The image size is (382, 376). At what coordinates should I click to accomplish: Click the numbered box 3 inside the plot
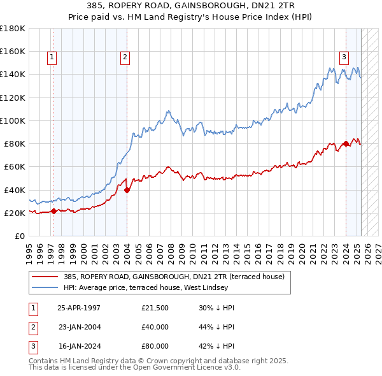344,57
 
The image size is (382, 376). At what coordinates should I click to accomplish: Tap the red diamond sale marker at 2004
127,189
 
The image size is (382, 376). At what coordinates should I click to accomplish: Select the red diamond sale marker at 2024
346,143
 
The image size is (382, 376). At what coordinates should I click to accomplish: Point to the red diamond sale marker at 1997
53,211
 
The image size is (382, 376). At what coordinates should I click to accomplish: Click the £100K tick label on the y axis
13,120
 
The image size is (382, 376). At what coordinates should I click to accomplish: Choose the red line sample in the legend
45,277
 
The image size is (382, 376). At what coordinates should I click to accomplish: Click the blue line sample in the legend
45,287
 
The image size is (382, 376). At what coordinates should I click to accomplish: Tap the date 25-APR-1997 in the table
79,308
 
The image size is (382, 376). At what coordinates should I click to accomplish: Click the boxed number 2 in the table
31,327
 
